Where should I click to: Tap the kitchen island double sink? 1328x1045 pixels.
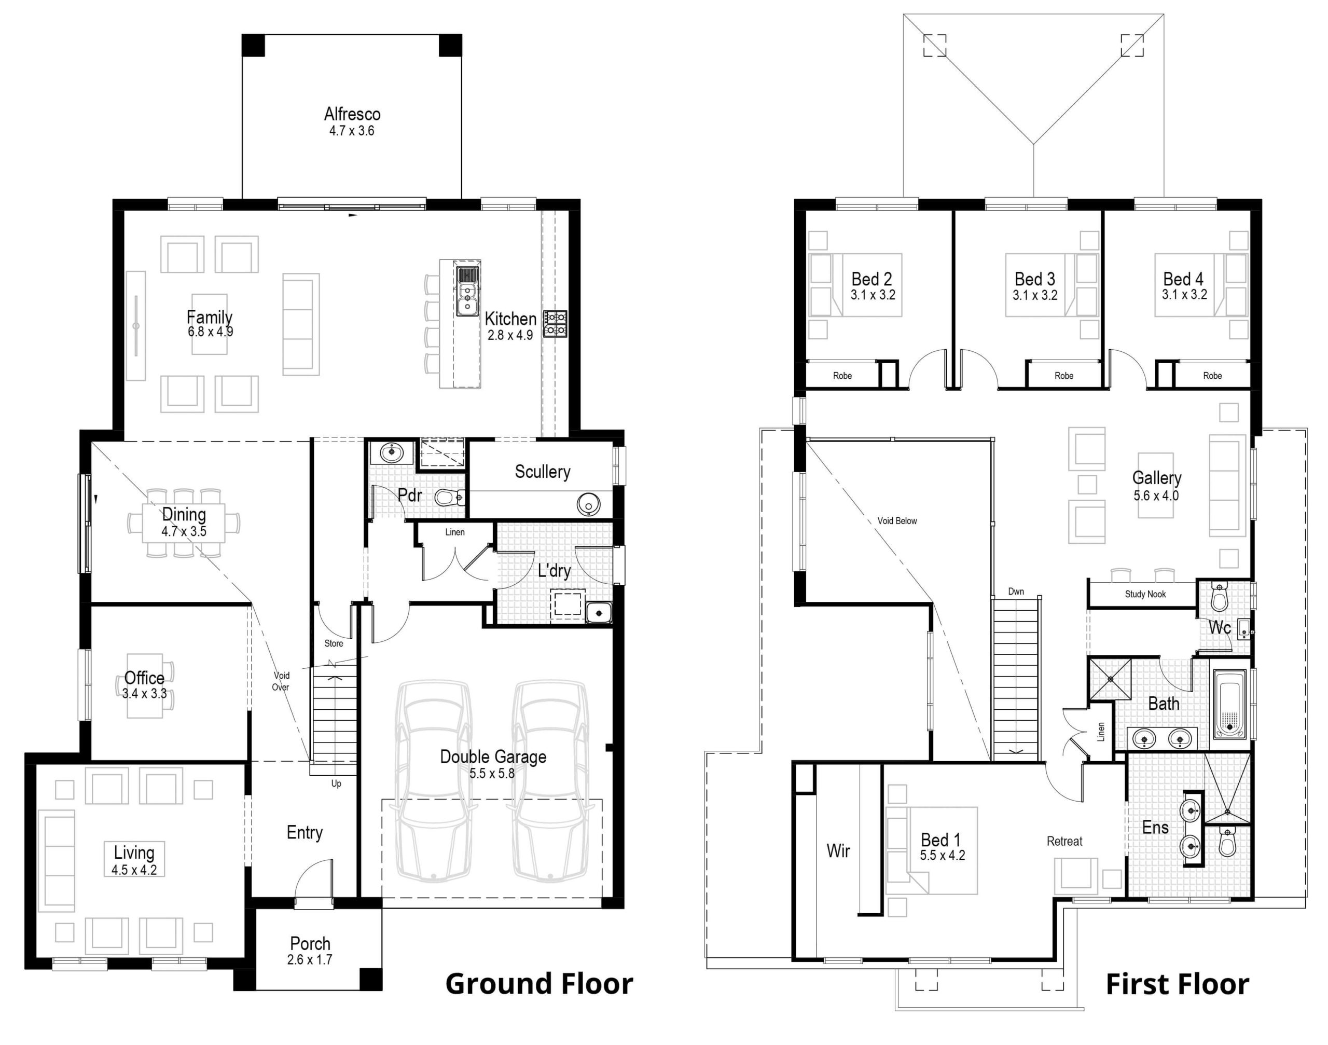[x=467, y=292]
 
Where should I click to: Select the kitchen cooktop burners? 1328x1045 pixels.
[x=556, y=324]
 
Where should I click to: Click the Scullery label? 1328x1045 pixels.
[x=542, y=471]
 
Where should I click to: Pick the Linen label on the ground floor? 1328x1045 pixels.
[x=454, y=532]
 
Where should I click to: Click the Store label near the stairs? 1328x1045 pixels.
[x=334, y=643]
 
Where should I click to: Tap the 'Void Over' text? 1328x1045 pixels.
[x=281, y=681]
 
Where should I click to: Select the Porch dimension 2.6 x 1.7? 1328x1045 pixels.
[x=310, y=959]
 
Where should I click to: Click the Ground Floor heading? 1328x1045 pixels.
[x=539, y=984]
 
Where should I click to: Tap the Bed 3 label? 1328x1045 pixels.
[x=1034, y=279]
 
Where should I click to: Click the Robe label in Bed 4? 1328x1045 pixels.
[x=1212, y=376]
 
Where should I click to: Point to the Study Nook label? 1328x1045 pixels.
[x=1145, y=594]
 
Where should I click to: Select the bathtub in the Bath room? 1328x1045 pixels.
[x=1228, y=705]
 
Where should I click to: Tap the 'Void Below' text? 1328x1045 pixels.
[x=897, y=520]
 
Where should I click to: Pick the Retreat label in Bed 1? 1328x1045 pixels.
[x=1064, y=841]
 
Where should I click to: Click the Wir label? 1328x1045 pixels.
[x=838, y=850]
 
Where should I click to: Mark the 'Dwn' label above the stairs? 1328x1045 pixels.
[x=1016, y=591]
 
